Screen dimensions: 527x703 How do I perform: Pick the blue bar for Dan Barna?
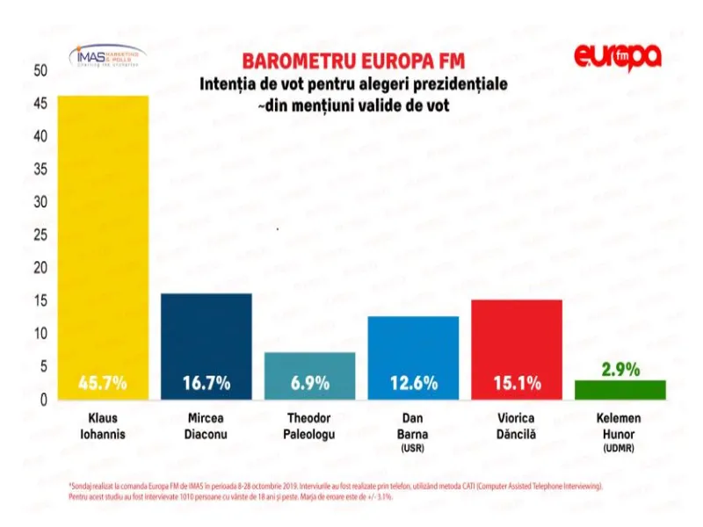coord(413,351)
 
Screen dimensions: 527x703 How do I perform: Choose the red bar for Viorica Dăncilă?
coord(516,343)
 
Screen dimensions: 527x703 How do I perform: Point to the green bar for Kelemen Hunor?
coord(620,390)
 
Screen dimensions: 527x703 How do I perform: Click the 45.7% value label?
coord(103,383)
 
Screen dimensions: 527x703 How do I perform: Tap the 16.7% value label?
coord(207,383)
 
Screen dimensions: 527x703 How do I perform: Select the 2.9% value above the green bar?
coord(620,369)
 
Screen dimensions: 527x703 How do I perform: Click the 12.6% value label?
coord(413,383)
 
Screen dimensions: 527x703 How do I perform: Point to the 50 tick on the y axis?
coord(39,70)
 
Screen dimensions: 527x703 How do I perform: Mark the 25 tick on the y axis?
coord(39,235)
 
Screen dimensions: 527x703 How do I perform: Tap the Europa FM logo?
coord(617,56)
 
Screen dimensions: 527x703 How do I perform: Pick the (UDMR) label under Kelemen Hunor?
coord(620,449)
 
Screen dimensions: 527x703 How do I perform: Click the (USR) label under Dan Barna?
coord(413,449)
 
